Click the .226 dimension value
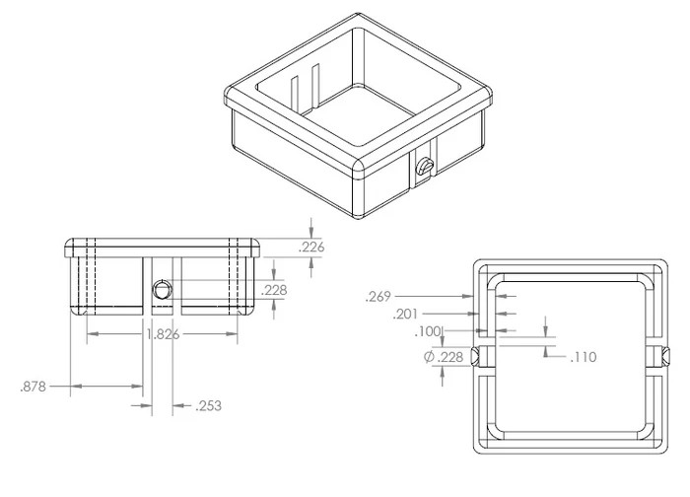[x=311, y=248]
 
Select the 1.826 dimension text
[x=163, y=334]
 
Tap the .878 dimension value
[x=33, y=387]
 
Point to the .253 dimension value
[x=209, y=405]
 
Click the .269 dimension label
[x=378, y=297]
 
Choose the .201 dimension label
[x=405, y=315]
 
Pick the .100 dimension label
[x=427, y=331]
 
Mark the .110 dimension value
[x=584, y=357]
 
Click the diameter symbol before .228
[x=429, y=357]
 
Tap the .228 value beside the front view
[x=274, y=290]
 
